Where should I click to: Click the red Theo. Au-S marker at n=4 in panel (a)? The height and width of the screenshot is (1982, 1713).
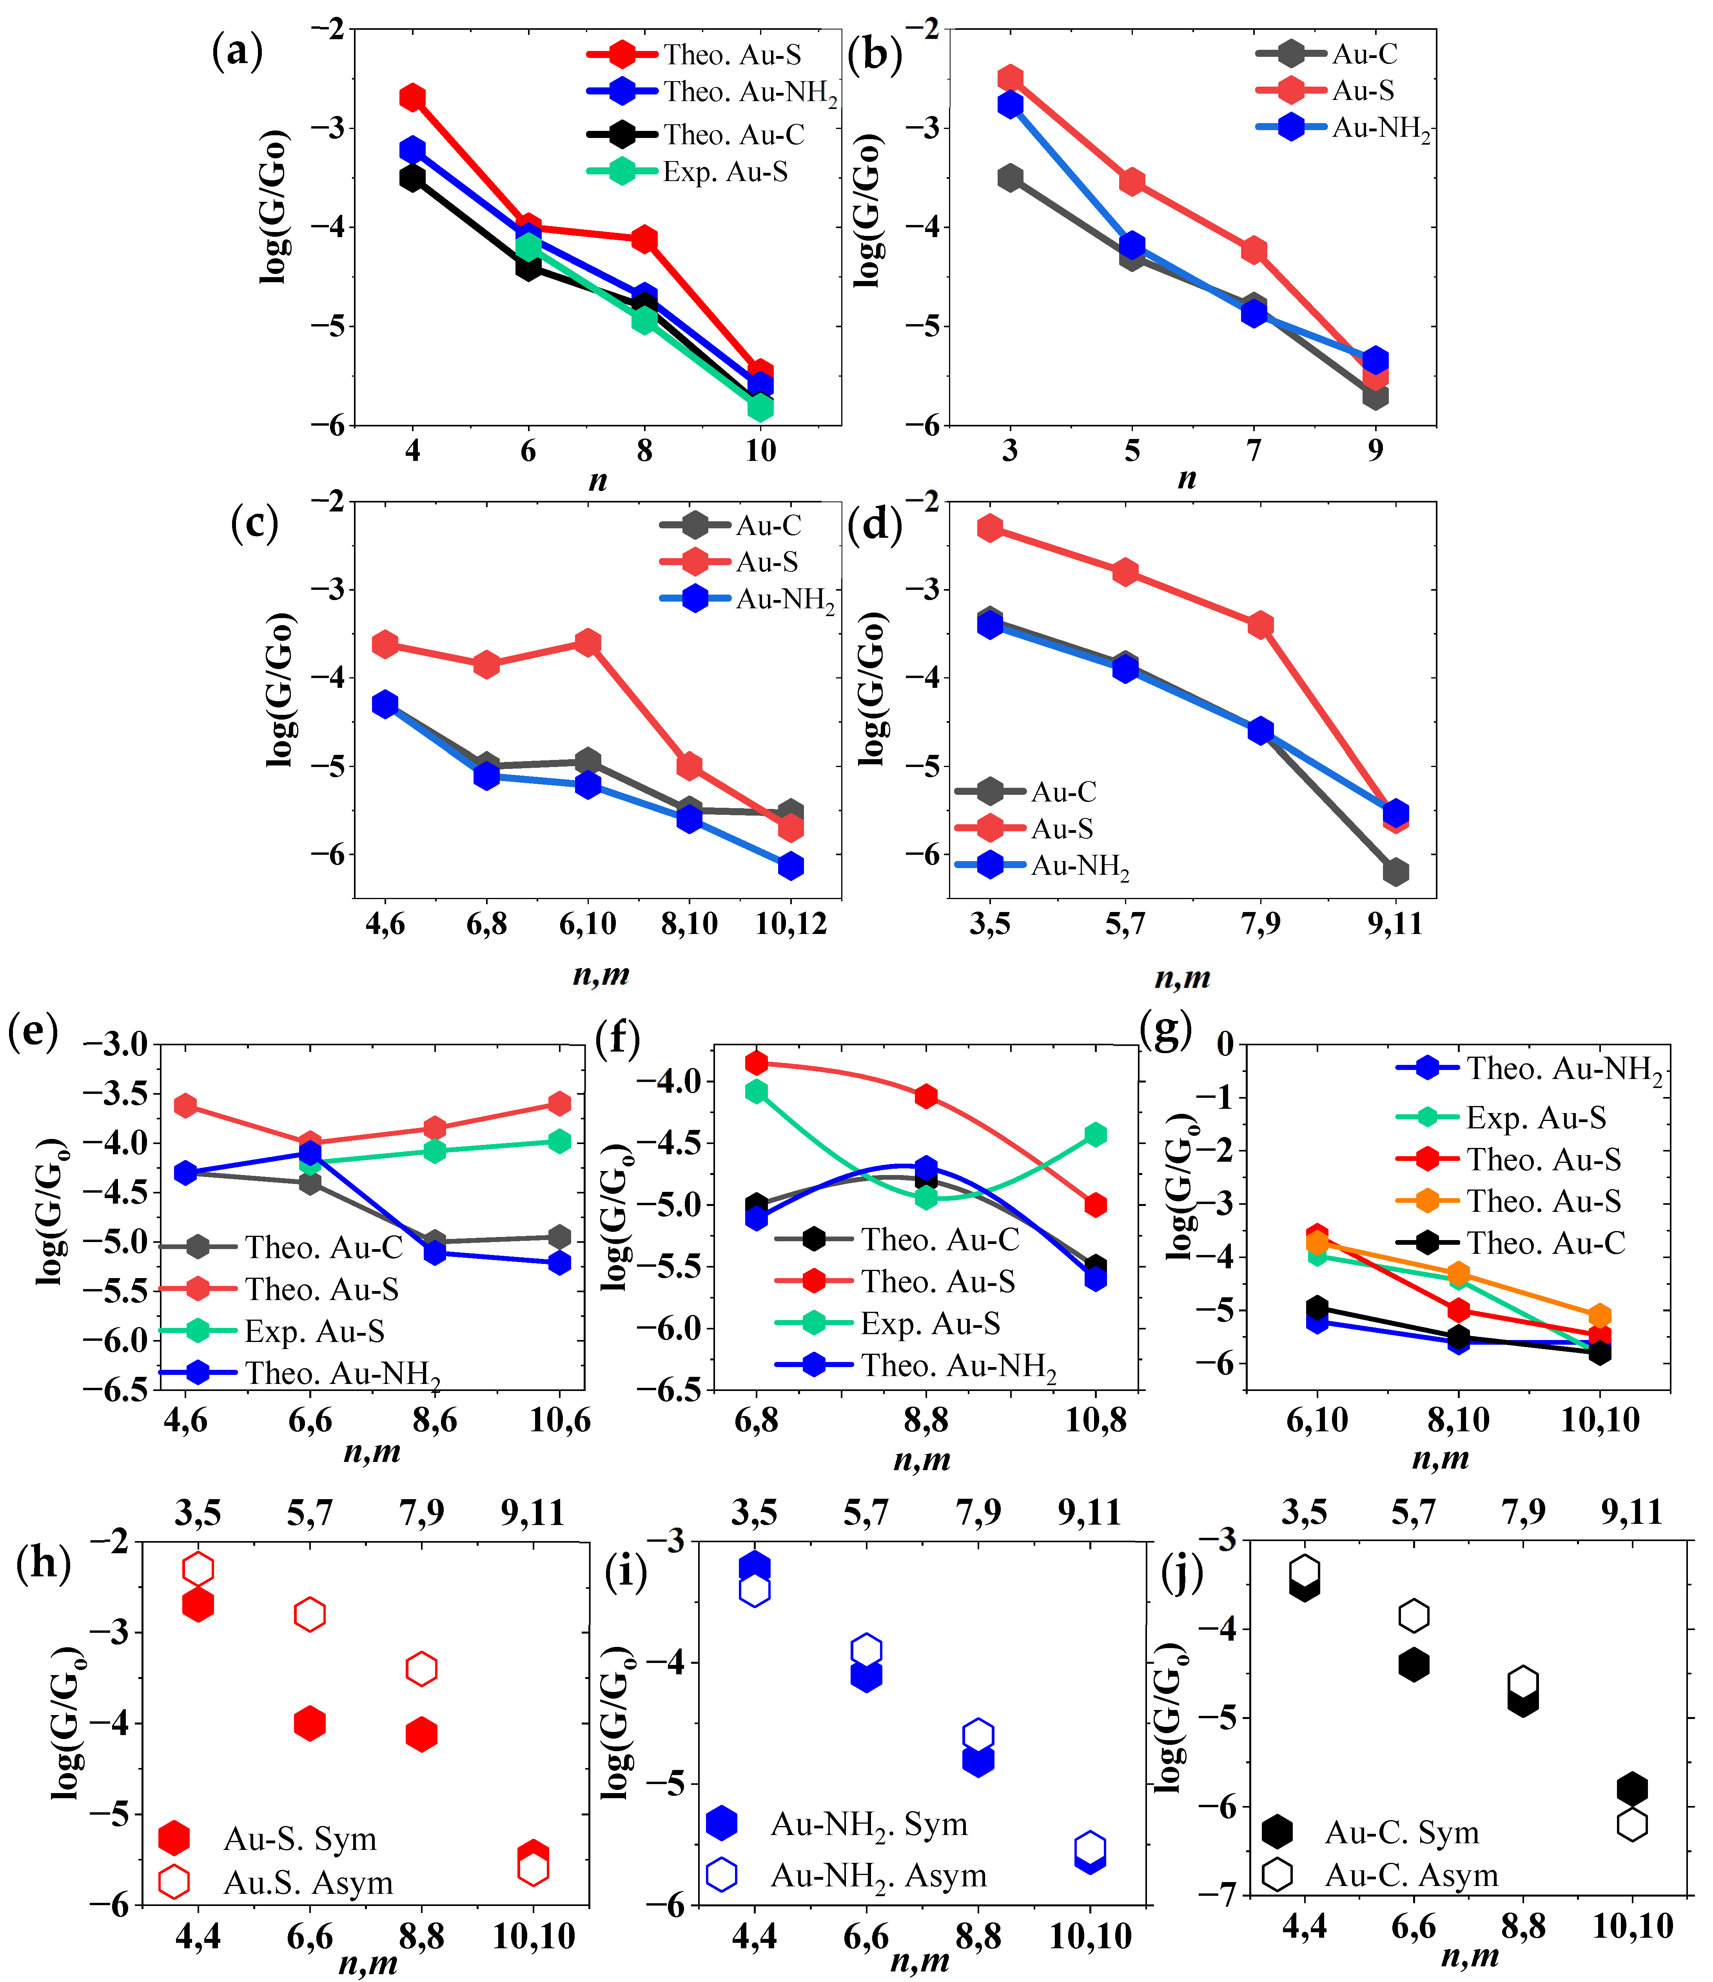pyautogui.click(x=412, y=98)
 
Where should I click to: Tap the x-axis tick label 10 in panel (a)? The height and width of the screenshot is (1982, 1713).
pyautogui.click(x=760, y=451)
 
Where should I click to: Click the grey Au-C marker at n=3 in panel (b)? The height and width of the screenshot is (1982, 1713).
pyautogui.click(x=1010, y=178)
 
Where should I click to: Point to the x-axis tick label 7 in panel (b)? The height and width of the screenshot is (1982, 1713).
pyautogui.click(x=1254, y=451)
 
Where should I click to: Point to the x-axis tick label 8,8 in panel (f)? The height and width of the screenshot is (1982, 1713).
pyautogui.click(x=925, y=1420)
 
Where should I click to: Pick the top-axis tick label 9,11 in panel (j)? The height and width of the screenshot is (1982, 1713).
pyautogui.click(x=1632, y=1512)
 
